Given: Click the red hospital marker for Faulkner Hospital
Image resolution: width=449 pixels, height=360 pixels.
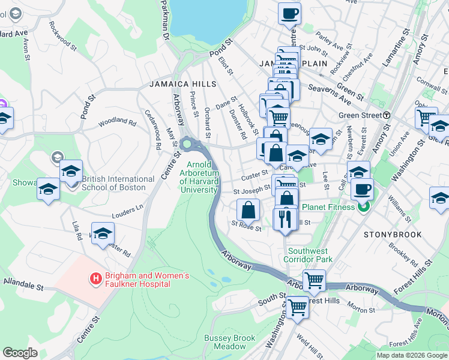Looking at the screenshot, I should click(x=95, y=278).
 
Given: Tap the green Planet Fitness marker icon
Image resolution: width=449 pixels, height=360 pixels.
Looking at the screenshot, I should click(x=363, y=208).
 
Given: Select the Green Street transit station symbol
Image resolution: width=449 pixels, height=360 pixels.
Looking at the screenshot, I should click(x=387, y=115).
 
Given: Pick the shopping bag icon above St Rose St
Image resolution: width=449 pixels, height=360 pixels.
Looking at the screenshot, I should click(x=248, y=210).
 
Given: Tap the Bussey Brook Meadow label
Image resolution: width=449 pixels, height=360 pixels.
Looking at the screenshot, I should click(x=229, y=343).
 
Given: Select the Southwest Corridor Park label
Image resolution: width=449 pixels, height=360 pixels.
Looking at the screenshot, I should click(x=310, y=256).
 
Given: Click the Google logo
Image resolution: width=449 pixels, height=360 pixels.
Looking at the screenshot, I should click(x=20, y=353).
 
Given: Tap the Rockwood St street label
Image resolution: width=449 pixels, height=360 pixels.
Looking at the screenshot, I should click(x=63, y=35).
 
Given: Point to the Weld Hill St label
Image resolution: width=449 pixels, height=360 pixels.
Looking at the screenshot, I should click(x=310, y=347).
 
